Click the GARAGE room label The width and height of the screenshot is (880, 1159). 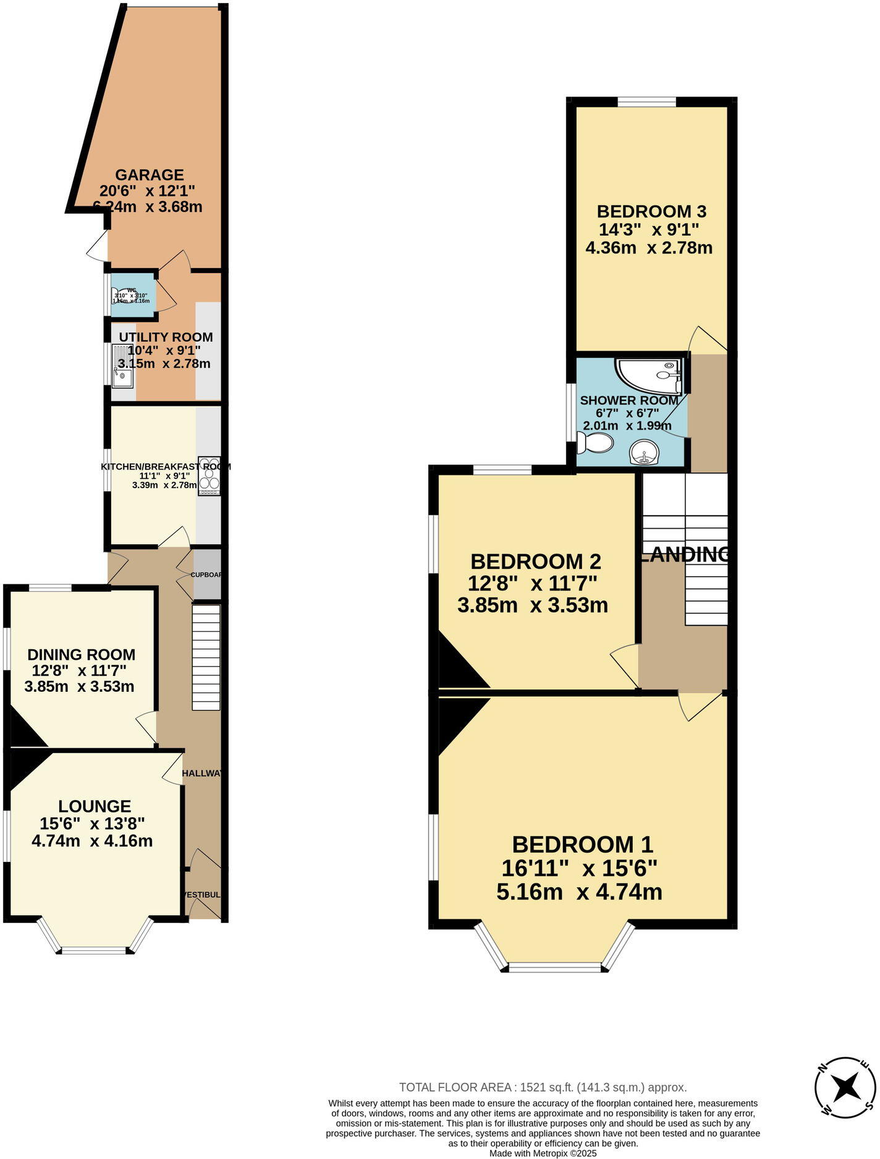[150, 175]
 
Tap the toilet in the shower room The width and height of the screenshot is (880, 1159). [595, 442]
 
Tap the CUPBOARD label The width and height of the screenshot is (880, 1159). [206, 575]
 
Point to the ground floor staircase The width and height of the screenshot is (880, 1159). [206, 657]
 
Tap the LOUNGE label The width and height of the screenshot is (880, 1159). [95, 806]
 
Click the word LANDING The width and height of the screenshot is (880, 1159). [685, 554]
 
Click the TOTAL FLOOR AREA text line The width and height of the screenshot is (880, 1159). [543, 1087]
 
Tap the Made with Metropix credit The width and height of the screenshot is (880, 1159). [543, 1153]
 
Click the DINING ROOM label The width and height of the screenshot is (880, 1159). [81, 655]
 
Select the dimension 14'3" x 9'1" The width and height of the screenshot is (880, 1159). [649, 230]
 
